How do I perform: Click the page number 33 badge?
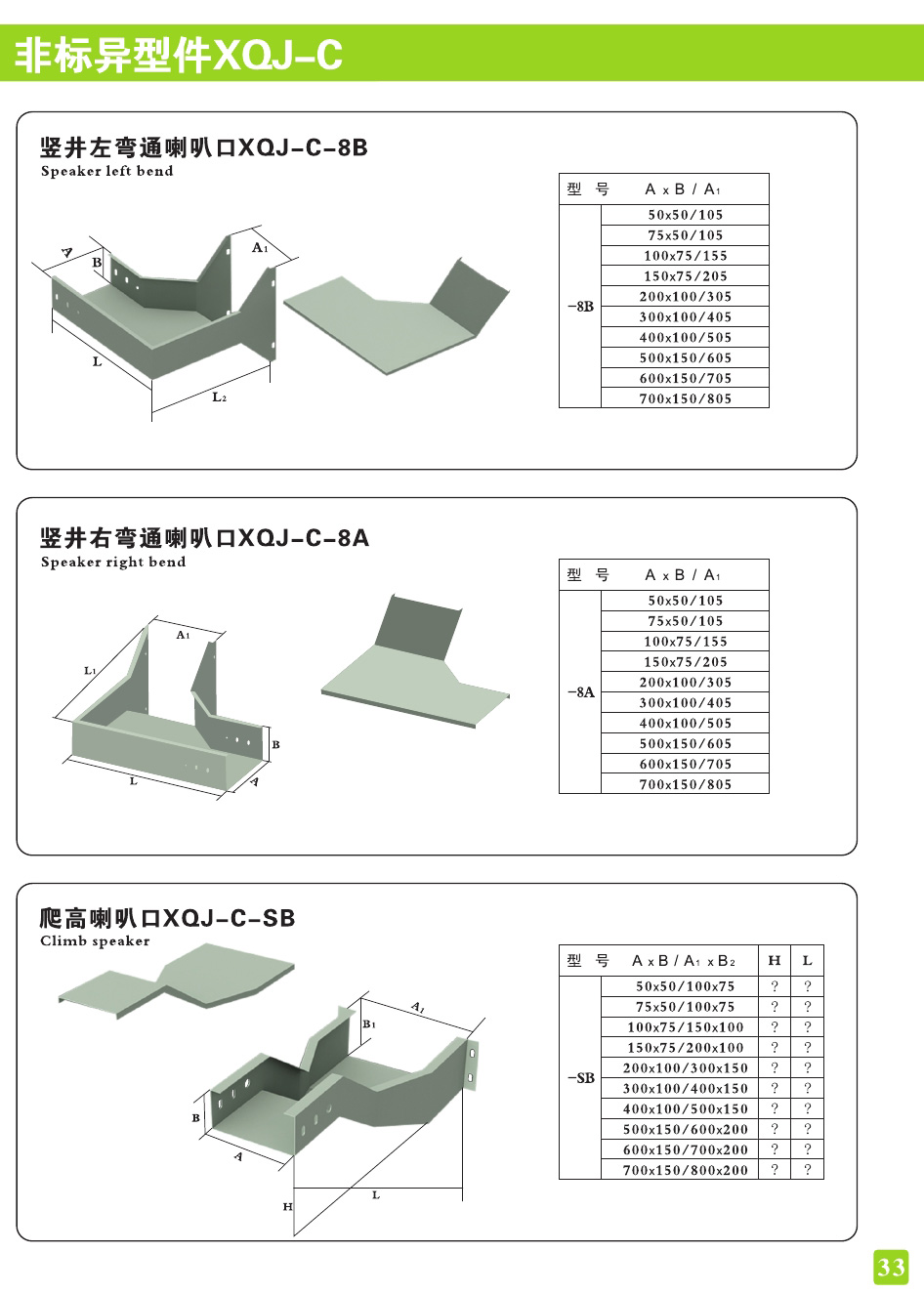pos(891,1267)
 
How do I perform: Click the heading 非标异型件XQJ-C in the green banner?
pos(179,55)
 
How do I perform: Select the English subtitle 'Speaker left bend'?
pos(106,171)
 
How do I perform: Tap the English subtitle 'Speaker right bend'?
pos(113,562)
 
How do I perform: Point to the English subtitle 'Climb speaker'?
pos(95,940)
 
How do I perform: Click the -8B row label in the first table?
pos(580,307)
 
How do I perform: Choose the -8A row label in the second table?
pos(580,692)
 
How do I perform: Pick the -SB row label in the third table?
pos(580,1078)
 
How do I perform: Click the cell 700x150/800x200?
pos(686,1170)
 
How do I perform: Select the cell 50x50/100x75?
pos(686,986)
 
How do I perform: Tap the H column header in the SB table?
pos(775,960)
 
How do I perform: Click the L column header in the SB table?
pos(808,960)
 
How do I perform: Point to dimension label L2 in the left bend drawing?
pos(220,397)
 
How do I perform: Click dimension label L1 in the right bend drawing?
pos(91,671)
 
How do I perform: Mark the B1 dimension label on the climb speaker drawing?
pos(369,1023)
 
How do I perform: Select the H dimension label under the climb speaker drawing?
pos(287,1207)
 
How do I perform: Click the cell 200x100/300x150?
pos(686,1068)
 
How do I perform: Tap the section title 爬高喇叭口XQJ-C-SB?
pos(167,918)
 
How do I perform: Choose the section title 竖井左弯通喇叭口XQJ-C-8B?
pos(203,147)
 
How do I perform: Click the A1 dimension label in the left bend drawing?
pos(260,248)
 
